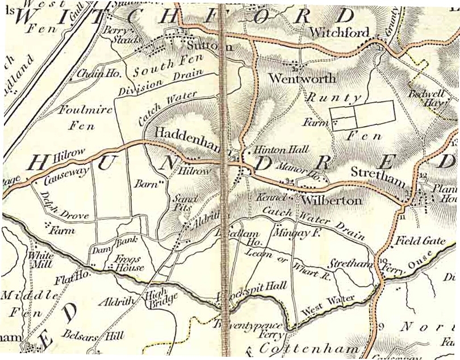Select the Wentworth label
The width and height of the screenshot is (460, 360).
[302, 78]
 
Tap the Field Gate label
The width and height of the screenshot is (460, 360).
[420, 241]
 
